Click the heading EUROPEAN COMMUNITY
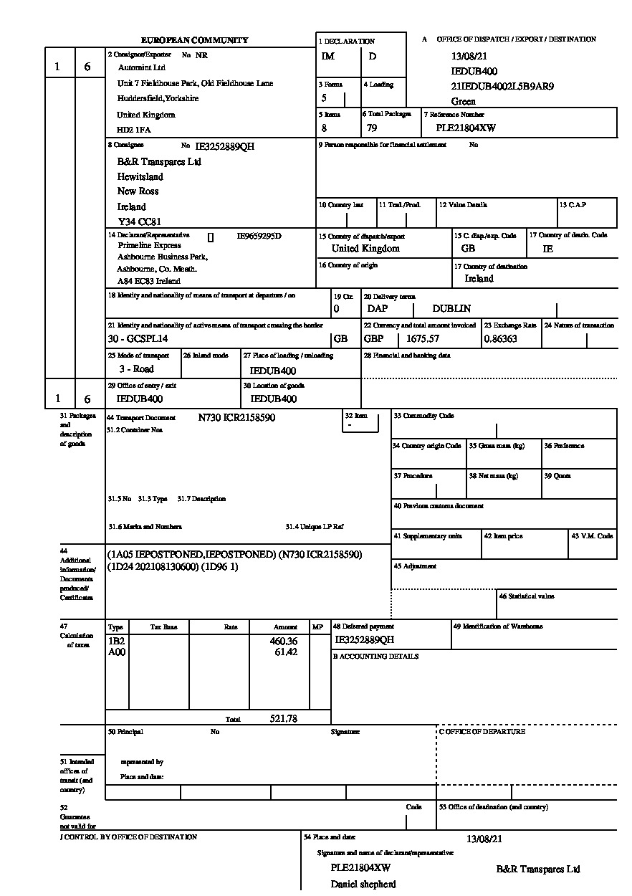coord(194,41)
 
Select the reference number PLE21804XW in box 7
coord(466,128)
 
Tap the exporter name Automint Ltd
coord(141,67)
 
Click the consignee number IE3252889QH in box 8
coord(225,147)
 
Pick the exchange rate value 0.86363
coord(500,338)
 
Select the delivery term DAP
coord(377,309)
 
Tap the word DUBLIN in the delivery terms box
coord(451,309)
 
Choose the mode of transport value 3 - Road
coord(136,369)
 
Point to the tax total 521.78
coord(284,718)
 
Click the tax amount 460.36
coord(284,641)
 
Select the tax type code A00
coord(115,652)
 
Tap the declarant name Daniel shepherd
coord(363,884)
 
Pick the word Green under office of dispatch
coord(463,102)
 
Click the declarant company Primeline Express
coord(150,245)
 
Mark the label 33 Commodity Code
coord(423,416)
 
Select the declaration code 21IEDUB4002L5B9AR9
coord(502,87)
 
